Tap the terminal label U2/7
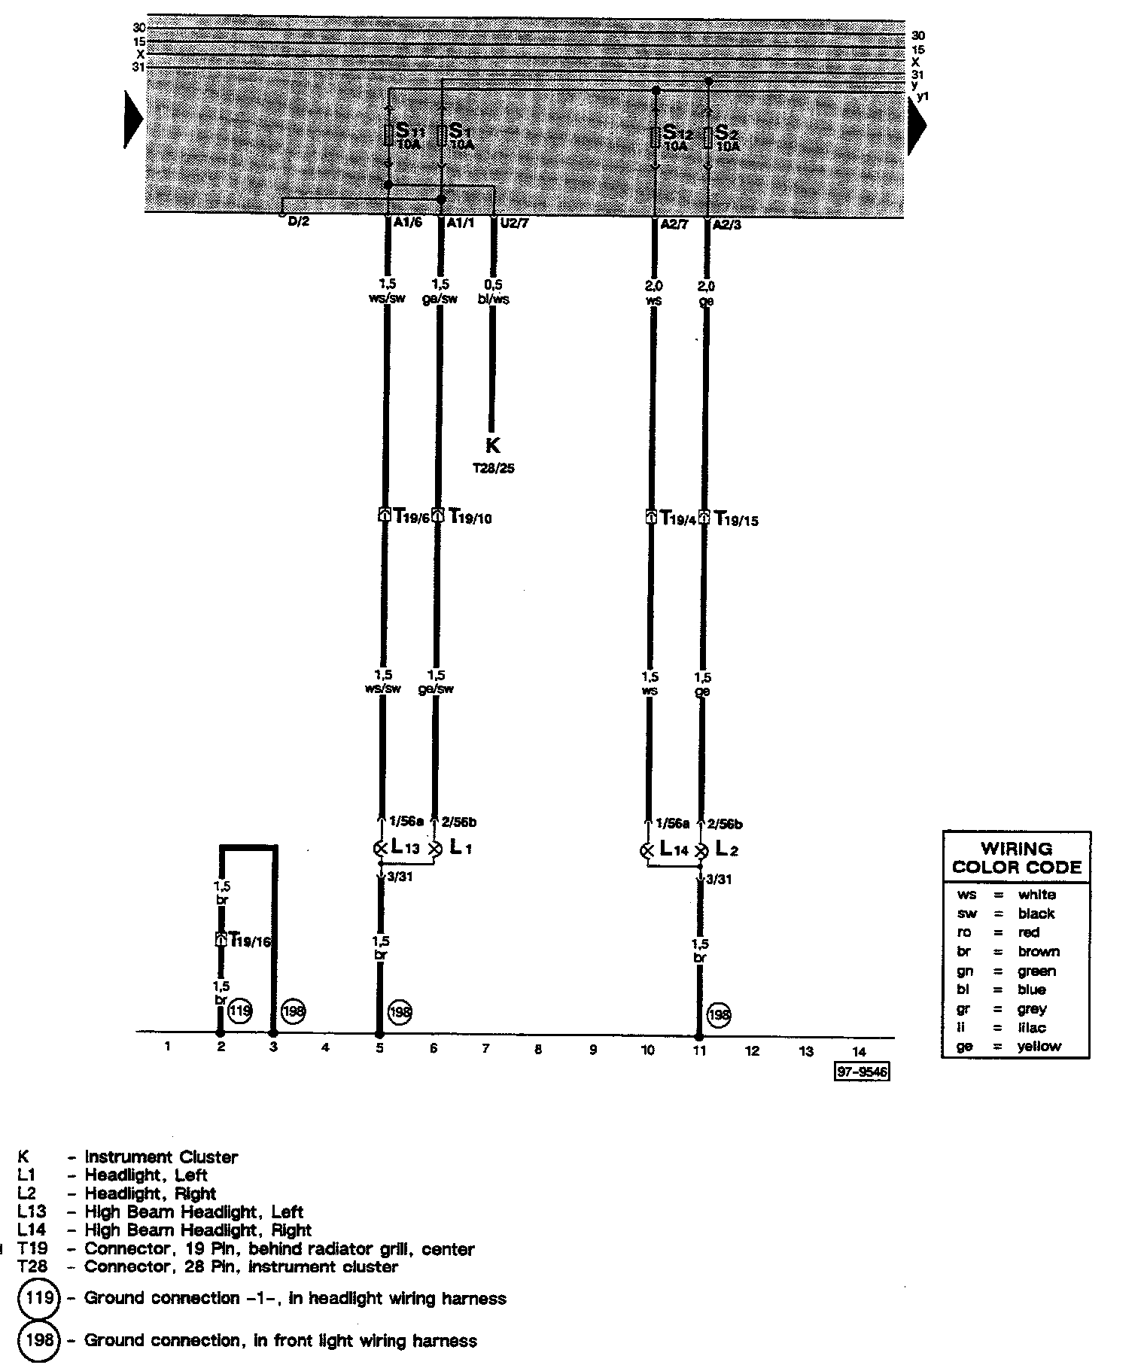[514, 223]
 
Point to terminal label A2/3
[727, 224]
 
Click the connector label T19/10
[470, 517]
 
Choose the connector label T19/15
[736, 518]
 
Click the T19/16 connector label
[250, 940]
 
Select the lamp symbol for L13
[380, 849]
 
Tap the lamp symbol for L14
[647, 851]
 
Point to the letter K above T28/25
[493, 446]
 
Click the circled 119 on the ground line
[240, 1011]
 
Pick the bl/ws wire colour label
[494, 299]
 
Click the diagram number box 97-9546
[862, 1072]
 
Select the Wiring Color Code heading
[1016, 858]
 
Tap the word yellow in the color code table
[1039, 1046]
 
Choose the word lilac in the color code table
[1032, 1027]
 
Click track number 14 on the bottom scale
[860, 1051]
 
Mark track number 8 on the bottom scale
[538, 1050]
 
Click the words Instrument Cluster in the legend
[161, 1157]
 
